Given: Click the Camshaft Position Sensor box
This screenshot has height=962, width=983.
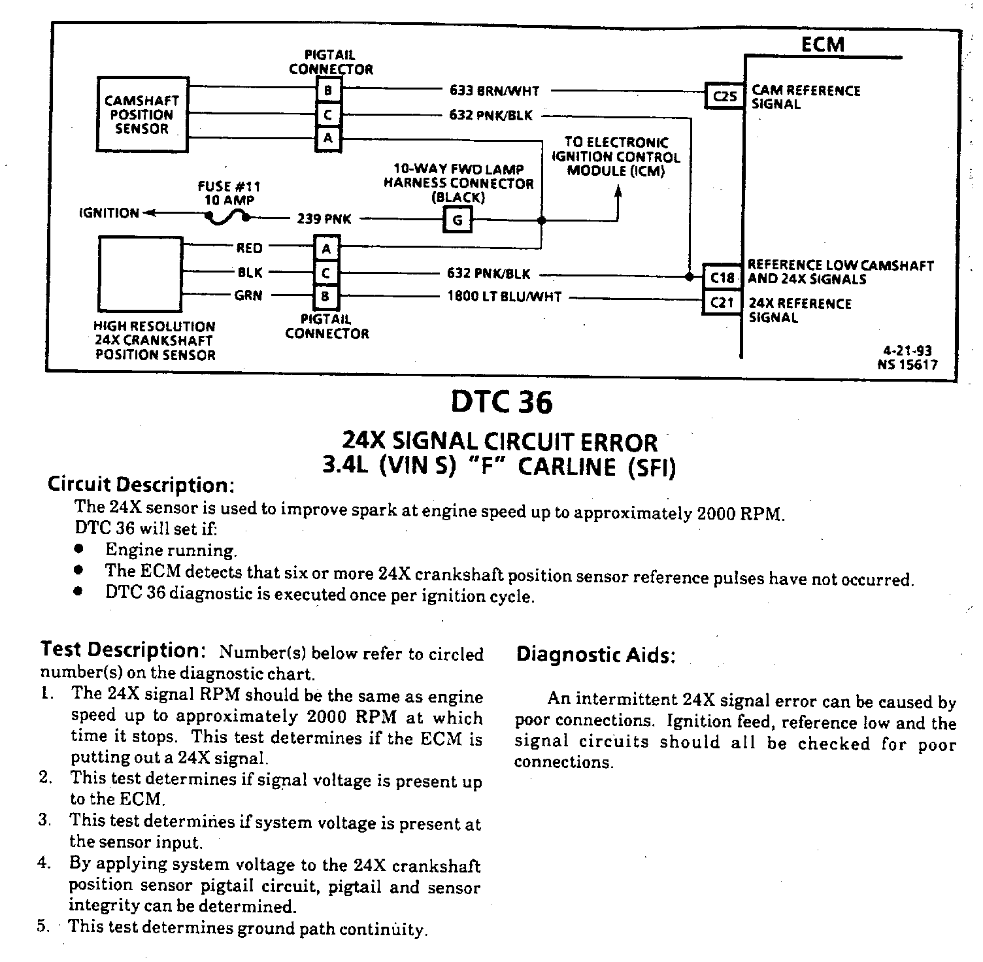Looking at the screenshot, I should (x=142, y=115).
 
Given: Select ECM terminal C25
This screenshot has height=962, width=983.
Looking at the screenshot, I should (x=724, y=97).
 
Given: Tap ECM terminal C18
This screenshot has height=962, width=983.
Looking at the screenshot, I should (x=722, y=278).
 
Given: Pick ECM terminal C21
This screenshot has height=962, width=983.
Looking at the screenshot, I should (x=722, y=303).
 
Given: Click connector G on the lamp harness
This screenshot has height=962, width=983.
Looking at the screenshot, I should (x=458, y=220).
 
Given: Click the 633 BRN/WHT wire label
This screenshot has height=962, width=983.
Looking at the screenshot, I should (x=494, y=91).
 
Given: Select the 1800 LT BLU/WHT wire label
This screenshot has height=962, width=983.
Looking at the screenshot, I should (x=504, y=297).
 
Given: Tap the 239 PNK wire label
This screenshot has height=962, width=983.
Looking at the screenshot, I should (x=324, y=219).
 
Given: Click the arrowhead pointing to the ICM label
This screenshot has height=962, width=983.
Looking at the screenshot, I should (x=618, y=191).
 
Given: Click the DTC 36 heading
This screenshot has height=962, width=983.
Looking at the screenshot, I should (x=501, y=403).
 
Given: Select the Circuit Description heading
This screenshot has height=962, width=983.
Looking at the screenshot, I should (x=141, y=485).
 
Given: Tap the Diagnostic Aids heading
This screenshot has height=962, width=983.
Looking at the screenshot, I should (x=595, y=655).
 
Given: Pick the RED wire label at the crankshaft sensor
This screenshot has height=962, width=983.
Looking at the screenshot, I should (x=249, y=248).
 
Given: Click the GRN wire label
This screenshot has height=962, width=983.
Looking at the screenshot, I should (x=248, y=296).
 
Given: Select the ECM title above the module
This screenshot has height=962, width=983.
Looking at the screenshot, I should (x=823, y=44).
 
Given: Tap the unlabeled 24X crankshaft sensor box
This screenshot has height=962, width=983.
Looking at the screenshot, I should (x=140, y=273).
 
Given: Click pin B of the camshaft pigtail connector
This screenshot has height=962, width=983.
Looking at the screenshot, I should (x=327, y=90).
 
